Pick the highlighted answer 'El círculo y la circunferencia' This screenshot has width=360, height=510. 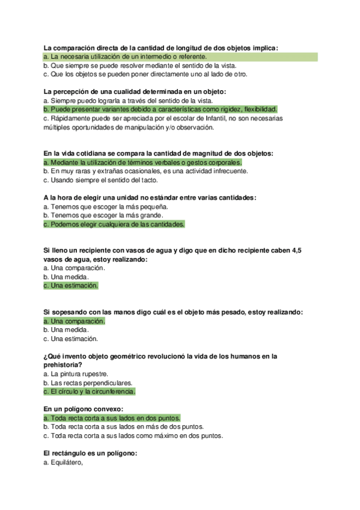coord(90,392)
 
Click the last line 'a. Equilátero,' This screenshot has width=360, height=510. coord(63,463)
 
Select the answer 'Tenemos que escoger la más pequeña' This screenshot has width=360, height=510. coord(93,206)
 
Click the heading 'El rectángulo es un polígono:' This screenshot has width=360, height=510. coord(91,454)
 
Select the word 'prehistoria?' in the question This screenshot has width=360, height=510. coord(63,364)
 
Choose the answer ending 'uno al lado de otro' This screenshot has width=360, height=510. coord(145,75)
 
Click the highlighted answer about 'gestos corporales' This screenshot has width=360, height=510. coord(143,162)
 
